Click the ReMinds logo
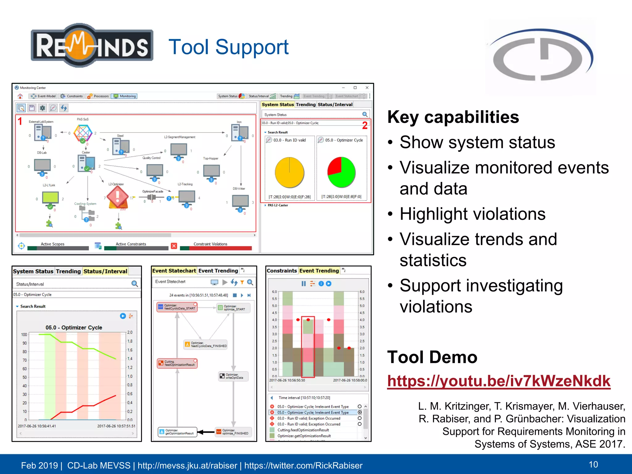pos(92,45)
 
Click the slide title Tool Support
pos(228,47)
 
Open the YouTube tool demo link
pos(499,381)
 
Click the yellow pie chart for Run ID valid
pos(289,172)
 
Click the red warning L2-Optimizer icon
pos(117,197)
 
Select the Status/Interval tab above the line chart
pos(105,271)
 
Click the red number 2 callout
pos(365,125)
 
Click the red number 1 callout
pos(20,121)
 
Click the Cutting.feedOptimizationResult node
pos(177,363)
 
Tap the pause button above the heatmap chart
pos(304,284)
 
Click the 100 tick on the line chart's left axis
pos(24,335)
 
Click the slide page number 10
pos(593,464)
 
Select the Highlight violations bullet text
pos(472,214)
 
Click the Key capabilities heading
pos(453,117)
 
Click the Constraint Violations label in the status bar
pos(210,244)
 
